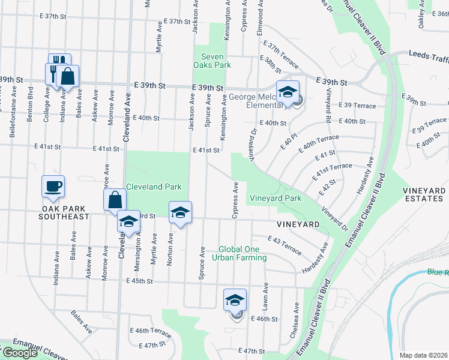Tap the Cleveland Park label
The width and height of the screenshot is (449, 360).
click(153, 187)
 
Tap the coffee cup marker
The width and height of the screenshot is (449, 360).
click(53, 186)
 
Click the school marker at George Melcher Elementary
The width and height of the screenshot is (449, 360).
click(288, 92)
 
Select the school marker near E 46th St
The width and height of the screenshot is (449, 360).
click(235, 300)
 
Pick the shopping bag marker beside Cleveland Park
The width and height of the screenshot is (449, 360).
click(115, 200)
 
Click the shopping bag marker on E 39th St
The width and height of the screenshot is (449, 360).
click(68, 76)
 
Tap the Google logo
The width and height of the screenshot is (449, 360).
click(20, 353)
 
